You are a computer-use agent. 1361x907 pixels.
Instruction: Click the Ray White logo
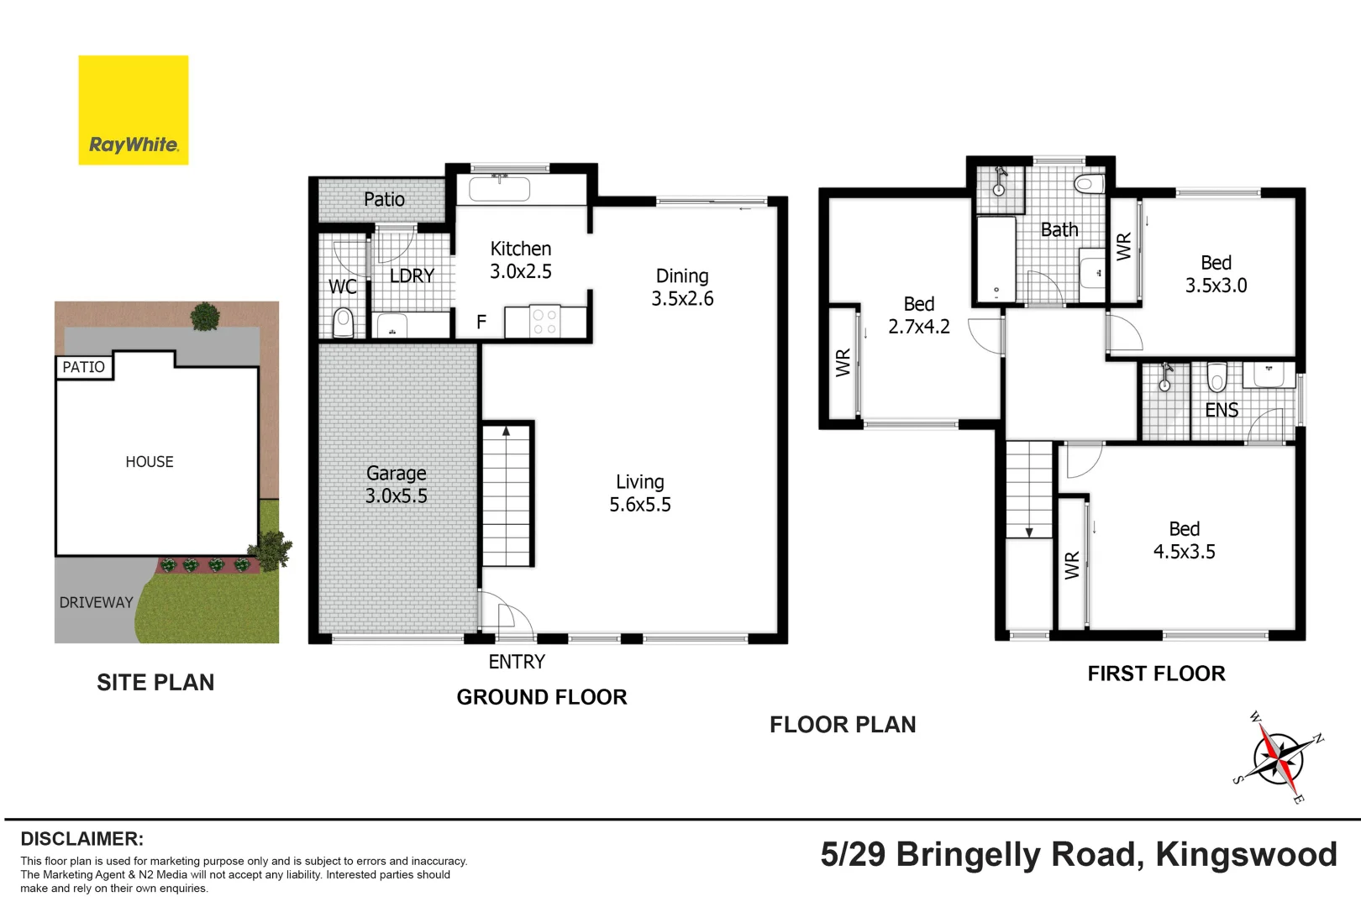[133, 110]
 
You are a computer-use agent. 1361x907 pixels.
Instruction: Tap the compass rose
[1278, 758]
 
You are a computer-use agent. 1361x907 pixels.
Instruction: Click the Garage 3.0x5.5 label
[396, 485]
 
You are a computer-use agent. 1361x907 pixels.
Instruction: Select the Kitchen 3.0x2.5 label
[520, 260]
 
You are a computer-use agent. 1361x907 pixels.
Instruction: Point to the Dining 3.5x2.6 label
[682, 287]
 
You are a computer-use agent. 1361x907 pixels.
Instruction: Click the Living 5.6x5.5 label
[639, 493]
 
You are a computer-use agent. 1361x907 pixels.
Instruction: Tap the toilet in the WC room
[343, 322]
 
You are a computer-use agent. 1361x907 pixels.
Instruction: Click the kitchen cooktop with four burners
[544, 322]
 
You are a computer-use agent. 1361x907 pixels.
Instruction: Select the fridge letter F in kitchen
[481, 322]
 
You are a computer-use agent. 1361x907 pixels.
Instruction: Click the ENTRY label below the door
[517, 662]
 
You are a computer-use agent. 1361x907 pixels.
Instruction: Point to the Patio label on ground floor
[384, 199]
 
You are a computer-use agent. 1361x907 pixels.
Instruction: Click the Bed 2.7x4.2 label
[918, 315]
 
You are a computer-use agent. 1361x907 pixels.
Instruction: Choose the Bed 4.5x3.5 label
[1184, 540]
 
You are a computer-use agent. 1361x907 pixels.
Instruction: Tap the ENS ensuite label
[1221, 410]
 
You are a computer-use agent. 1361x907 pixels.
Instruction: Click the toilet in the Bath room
[1088, 183]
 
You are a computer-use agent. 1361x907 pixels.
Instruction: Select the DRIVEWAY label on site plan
[96, 602]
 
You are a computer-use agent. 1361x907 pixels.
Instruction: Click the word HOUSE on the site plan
[150, 462]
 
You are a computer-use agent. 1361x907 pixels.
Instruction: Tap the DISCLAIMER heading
[81, 838]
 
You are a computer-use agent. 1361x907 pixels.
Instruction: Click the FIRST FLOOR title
[1156, 674]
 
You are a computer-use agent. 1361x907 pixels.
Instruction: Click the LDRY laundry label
[412, 275]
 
